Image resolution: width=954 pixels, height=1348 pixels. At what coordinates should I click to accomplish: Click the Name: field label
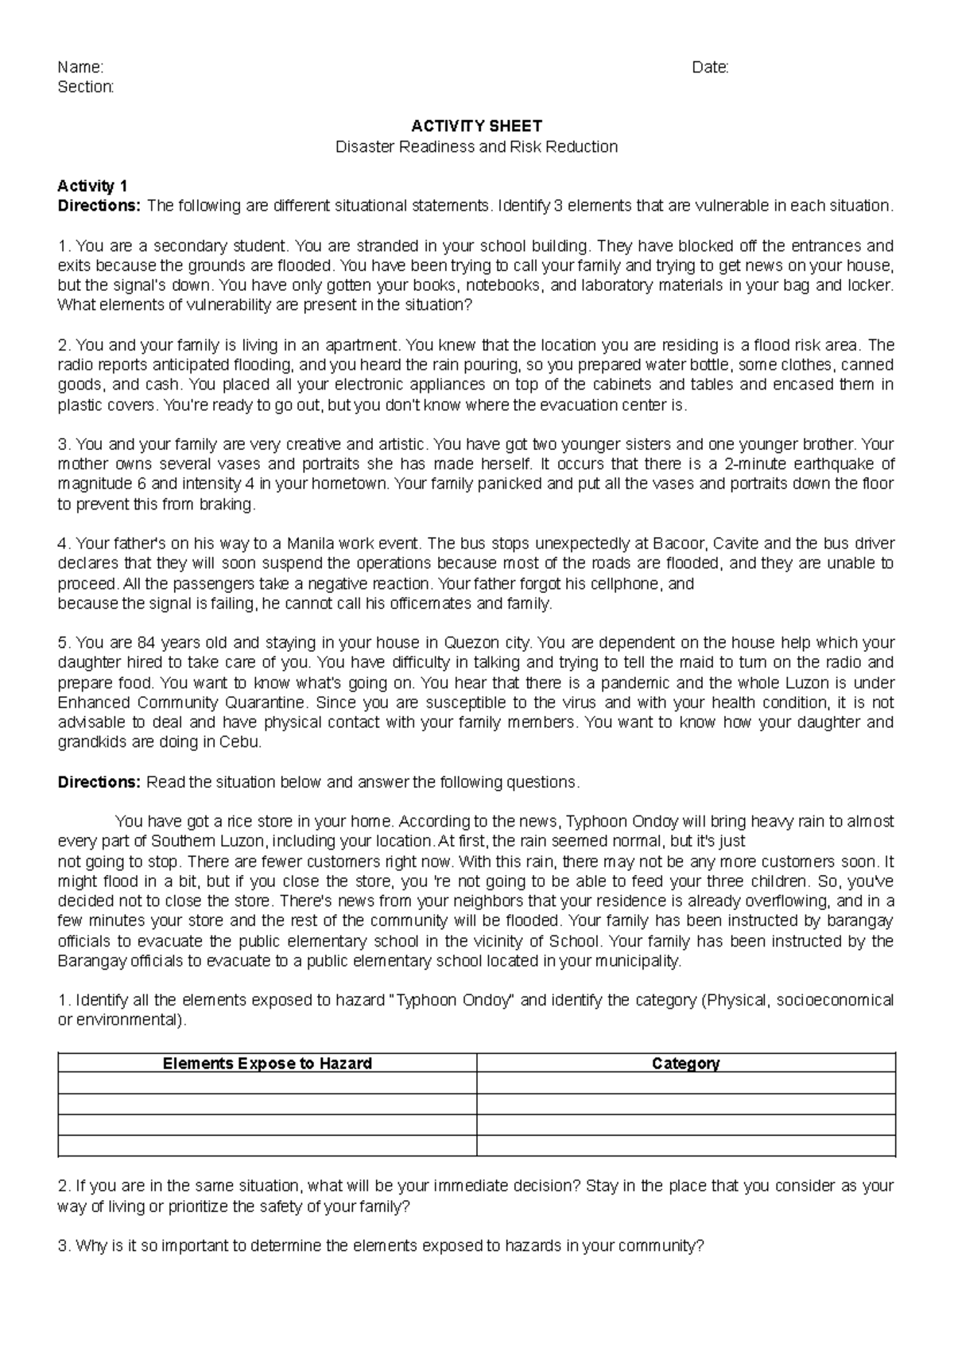point(80,68)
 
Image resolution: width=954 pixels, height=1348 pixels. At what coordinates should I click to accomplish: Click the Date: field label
point(711,68)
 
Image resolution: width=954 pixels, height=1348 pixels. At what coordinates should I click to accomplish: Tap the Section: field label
point(86,87)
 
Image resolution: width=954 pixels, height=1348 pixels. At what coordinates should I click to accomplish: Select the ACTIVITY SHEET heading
point(476,126)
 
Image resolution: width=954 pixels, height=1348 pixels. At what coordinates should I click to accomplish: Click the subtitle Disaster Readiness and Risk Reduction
point(476,146)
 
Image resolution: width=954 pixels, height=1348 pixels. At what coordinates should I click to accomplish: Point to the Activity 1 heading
point(92,186)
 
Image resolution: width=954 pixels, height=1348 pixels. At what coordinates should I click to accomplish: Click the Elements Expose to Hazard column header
point(267,1063)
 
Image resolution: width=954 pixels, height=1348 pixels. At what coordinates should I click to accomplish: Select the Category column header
point(685,1063)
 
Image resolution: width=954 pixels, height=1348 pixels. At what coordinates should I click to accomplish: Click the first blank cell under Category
point(685,1083)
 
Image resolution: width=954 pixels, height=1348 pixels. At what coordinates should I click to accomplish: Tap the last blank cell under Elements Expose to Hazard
point(267,1145)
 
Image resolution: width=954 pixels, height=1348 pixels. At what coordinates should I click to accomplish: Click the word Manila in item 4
point(309,544)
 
